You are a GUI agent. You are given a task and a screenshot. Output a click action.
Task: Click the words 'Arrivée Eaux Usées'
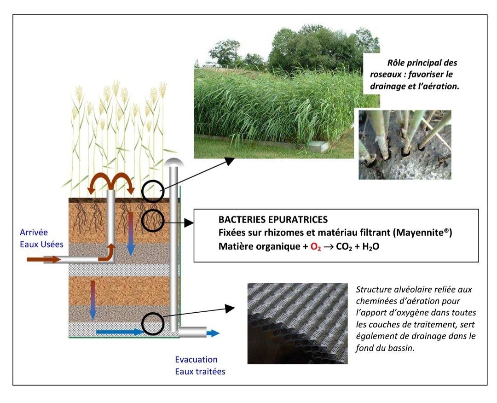click(x=41, y=238)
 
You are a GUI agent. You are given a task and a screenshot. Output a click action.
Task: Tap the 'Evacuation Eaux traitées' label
click(x=200, y=366)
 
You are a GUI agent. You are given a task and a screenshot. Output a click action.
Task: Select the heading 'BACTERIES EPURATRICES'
click(x=273, y=220)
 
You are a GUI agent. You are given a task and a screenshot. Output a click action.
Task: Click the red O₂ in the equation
click(x=316, y=247)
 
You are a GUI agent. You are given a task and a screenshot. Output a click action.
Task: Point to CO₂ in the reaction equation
click(x=344, y=247)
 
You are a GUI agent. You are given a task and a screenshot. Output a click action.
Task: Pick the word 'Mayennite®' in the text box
click(x=422, y=233)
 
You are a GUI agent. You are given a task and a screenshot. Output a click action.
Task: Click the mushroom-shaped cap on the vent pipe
click(x=174, y=162)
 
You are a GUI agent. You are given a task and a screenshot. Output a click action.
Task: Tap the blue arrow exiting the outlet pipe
click(x=213, y=333)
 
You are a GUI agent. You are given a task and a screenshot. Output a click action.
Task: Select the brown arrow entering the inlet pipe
click(x=43, y=260)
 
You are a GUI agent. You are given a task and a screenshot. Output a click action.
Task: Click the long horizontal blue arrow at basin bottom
click(x=120, y=332)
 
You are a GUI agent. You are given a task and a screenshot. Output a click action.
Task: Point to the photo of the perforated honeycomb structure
click(x=297, y=324)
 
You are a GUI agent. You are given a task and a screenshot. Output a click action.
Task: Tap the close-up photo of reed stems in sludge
click(x=405, y=145)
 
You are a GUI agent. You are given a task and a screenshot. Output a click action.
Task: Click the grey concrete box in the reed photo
click(x=318, y=146)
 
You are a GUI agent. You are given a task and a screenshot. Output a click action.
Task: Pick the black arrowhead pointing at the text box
click(x=189, y=223)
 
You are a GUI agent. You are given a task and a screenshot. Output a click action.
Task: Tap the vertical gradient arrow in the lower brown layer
click(x=93, y=300)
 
